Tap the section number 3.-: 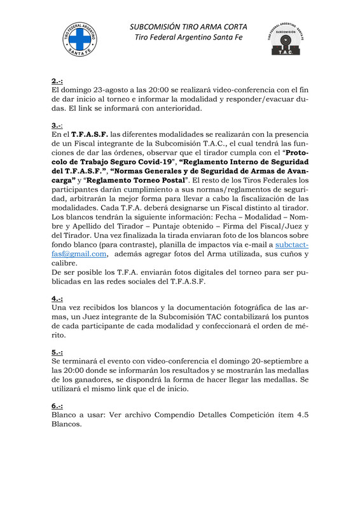pyautogui.click(x=58, y=125)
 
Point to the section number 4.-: pyautogui.click(x=57, y=298)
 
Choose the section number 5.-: pyautogui.click(x=57, y=352)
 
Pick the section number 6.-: pyautogui.click(x=57, y=405)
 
